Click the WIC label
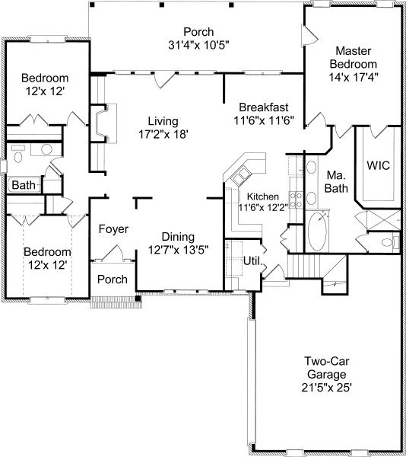pyautogui.click(x=378, y=165)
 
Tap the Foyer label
pyautogui.click(x=113, y=229)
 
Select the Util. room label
pyautogui.click(x=252, y=260)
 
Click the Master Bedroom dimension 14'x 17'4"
pyautogui.click(x=354, y=77)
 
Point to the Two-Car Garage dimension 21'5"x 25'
pyautogui.click(x=327, y=388)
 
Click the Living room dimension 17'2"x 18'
pyautogui.click(x=163, y=134)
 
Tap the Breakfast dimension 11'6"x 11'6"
pyautogui.click(x=264, y=120)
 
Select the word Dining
pyautogui.click(x=178, y=237)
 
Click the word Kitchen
pyautogui.click(x=262, y=197)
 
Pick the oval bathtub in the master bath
pyautogui.click(x=317, y=231)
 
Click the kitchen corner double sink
pyautogui.click(x=240, y=176)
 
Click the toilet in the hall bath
pyautogui.click(x=18, y=156)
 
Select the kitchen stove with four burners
pyautogui.click(x=296, y=200)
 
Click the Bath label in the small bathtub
pyautogui.click(x=24, y=185)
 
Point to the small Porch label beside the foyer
pyautogui.click(x=113, y=280)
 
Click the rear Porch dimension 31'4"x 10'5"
pyautogui.click(x=198, y=45)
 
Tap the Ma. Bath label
pyautogui.click(x=336, y=182)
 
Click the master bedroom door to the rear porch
pyautogui.click(x=309, y=35)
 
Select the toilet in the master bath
pyautogui.click(x=389, y=242)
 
